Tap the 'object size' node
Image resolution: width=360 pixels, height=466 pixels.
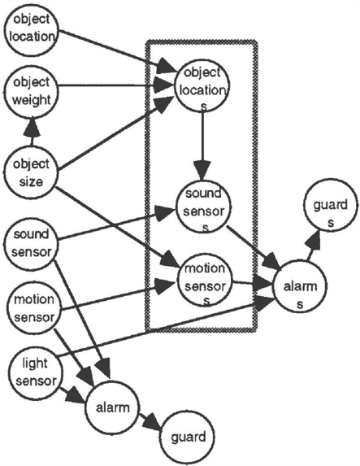(x=31, y=172)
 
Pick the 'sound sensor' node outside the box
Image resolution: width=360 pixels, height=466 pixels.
(x=31, y=243)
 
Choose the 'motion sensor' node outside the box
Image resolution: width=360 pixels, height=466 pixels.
(x=33, y=308)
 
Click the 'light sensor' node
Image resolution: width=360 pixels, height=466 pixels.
(x=35, y=372)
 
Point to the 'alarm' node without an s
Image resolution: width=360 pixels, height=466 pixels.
(x=112, y=407)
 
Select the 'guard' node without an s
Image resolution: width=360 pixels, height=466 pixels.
(x=188, y=438)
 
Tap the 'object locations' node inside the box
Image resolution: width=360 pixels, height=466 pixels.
(x=202, y=86)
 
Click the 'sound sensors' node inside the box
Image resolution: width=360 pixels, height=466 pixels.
(x=204, y=207)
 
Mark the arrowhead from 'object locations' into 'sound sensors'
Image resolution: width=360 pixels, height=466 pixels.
(x=202, y=170)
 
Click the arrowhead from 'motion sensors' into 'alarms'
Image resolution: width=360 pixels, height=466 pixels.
(x=262, y=284)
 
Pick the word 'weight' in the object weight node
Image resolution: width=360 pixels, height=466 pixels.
(x=32, y=100)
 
